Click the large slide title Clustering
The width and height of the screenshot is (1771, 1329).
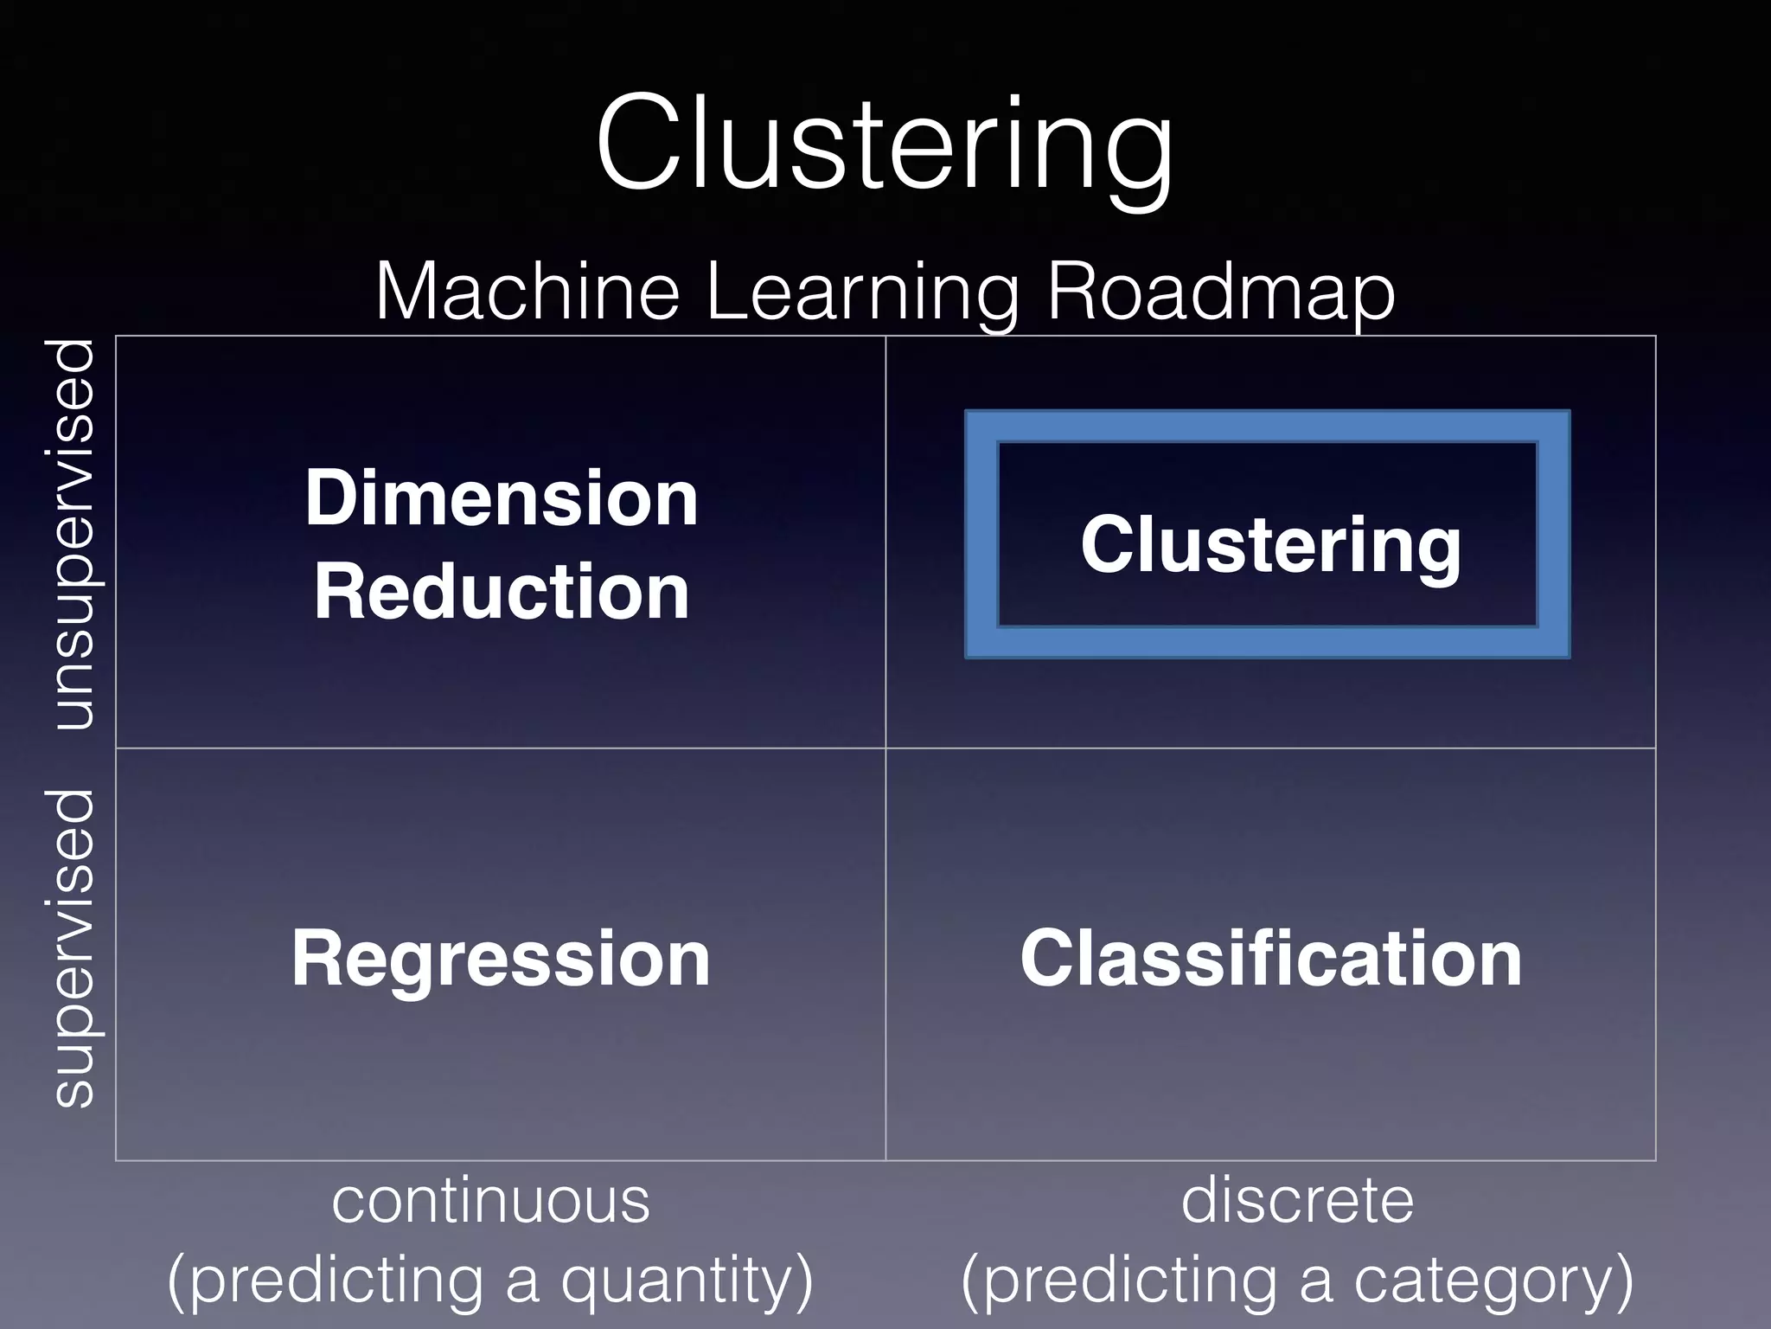(884, 145)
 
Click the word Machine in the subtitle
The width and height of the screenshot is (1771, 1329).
(527, 292)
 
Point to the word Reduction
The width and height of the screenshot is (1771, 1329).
(502, 592)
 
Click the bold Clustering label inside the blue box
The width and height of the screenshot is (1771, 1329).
(1270, 545)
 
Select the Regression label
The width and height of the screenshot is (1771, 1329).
(501, 959)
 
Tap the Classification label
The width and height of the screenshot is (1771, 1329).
(1270, 959)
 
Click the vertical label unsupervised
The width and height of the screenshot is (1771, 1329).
(73, 535)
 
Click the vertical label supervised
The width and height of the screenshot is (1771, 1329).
(73, 948)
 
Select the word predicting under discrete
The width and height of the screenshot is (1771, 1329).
(1133, 1281)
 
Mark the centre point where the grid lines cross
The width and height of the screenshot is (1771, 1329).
(885, 748)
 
